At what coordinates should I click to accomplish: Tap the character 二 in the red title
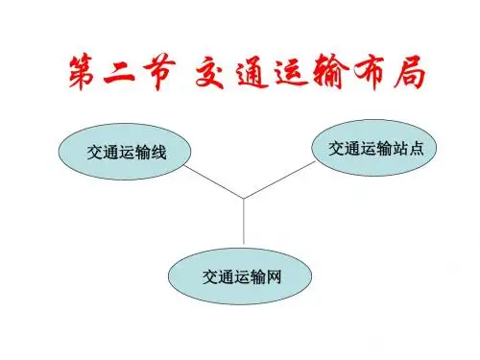(119, 72)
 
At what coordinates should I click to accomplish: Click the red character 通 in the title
(252, 73)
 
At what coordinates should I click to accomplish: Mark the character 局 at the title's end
(410, 73)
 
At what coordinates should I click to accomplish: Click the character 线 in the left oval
(158, 152)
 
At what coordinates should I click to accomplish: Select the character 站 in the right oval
(400, 149)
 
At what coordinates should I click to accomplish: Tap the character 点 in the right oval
(417, 149)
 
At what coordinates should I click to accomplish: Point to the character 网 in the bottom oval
(273, 276)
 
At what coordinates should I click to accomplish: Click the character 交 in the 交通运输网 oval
(210, 276)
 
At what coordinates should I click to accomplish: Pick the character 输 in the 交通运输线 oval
(142, 152)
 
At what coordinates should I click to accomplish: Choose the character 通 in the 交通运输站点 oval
(352, 149)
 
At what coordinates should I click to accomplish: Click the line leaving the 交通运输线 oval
(214, 181)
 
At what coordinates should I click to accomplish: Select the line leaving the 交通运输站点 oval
(279, 180)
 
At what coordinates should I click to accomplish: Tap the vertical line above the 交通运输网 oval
(244, 222)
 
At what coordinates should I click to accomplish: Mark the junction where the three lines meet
(244, 199)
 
